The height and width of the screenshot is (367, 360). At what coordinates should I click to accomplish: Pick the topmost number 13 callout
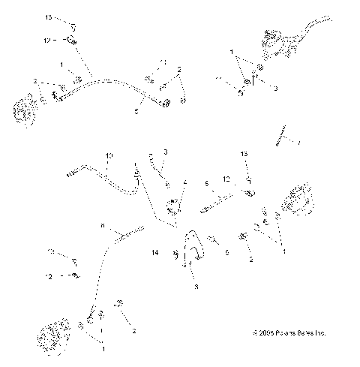(49, 16)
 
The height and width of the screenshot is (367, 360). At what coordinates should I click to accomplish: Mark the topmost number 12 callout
(49, 40)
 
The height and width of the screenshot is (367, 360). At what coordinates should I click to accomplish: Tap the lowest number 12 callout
(50, 277)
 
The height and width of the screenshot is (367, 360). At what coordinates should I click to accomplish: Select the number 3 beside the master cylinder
(275, 89)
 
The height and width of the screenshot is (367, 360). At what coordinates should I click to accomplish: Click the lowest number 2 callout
(133, 330)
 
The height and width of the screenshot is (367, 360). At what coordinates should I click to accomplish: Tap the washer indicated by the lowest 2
(118, 304)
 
